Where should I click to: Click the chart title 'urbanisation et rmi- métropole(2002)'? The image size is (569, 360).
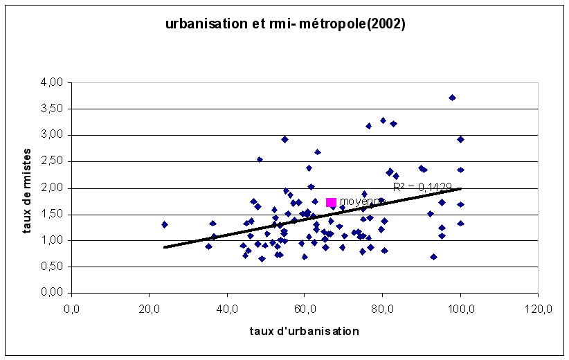(285, 24)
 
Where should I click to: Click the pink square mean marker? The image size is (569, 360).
(331, 202)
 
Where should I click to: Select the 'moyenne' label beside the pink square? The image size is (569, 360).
(356, 201)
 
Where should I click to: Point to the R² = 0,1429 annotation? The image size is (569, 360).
(422, 187)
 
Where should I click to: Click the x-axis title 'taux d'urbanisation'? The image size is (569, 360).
(305, 331)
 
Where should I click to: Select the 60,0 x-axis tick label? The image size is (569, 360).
(305, 309)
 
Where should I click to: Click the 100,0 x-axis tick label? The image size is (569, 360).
(460, 309)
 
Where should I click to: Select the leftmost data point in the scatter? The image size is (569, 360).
(165, 224)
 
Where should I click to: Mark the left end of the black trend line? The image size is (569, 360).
(165, 247)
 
